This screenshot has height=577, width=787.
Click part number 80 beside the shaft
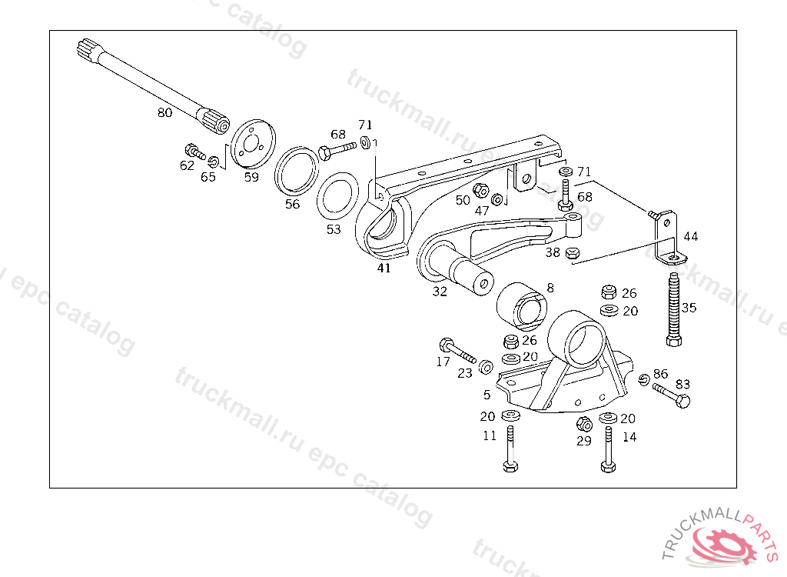pos(164,113)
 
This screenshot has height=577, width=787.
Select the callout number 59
pos(251,177)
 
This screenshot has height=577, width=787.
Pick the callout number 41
pos(384,268)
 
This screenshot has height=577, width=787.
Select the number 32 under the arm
pos(440,292)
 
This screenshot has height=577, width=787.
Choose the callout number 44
pos(691,236)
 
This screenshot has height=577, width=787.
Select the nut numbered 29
pos(583,423)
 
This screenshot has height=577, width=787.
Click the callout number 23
pos(465,374)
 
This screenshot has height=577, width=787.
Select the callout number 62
pos(187,165)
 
